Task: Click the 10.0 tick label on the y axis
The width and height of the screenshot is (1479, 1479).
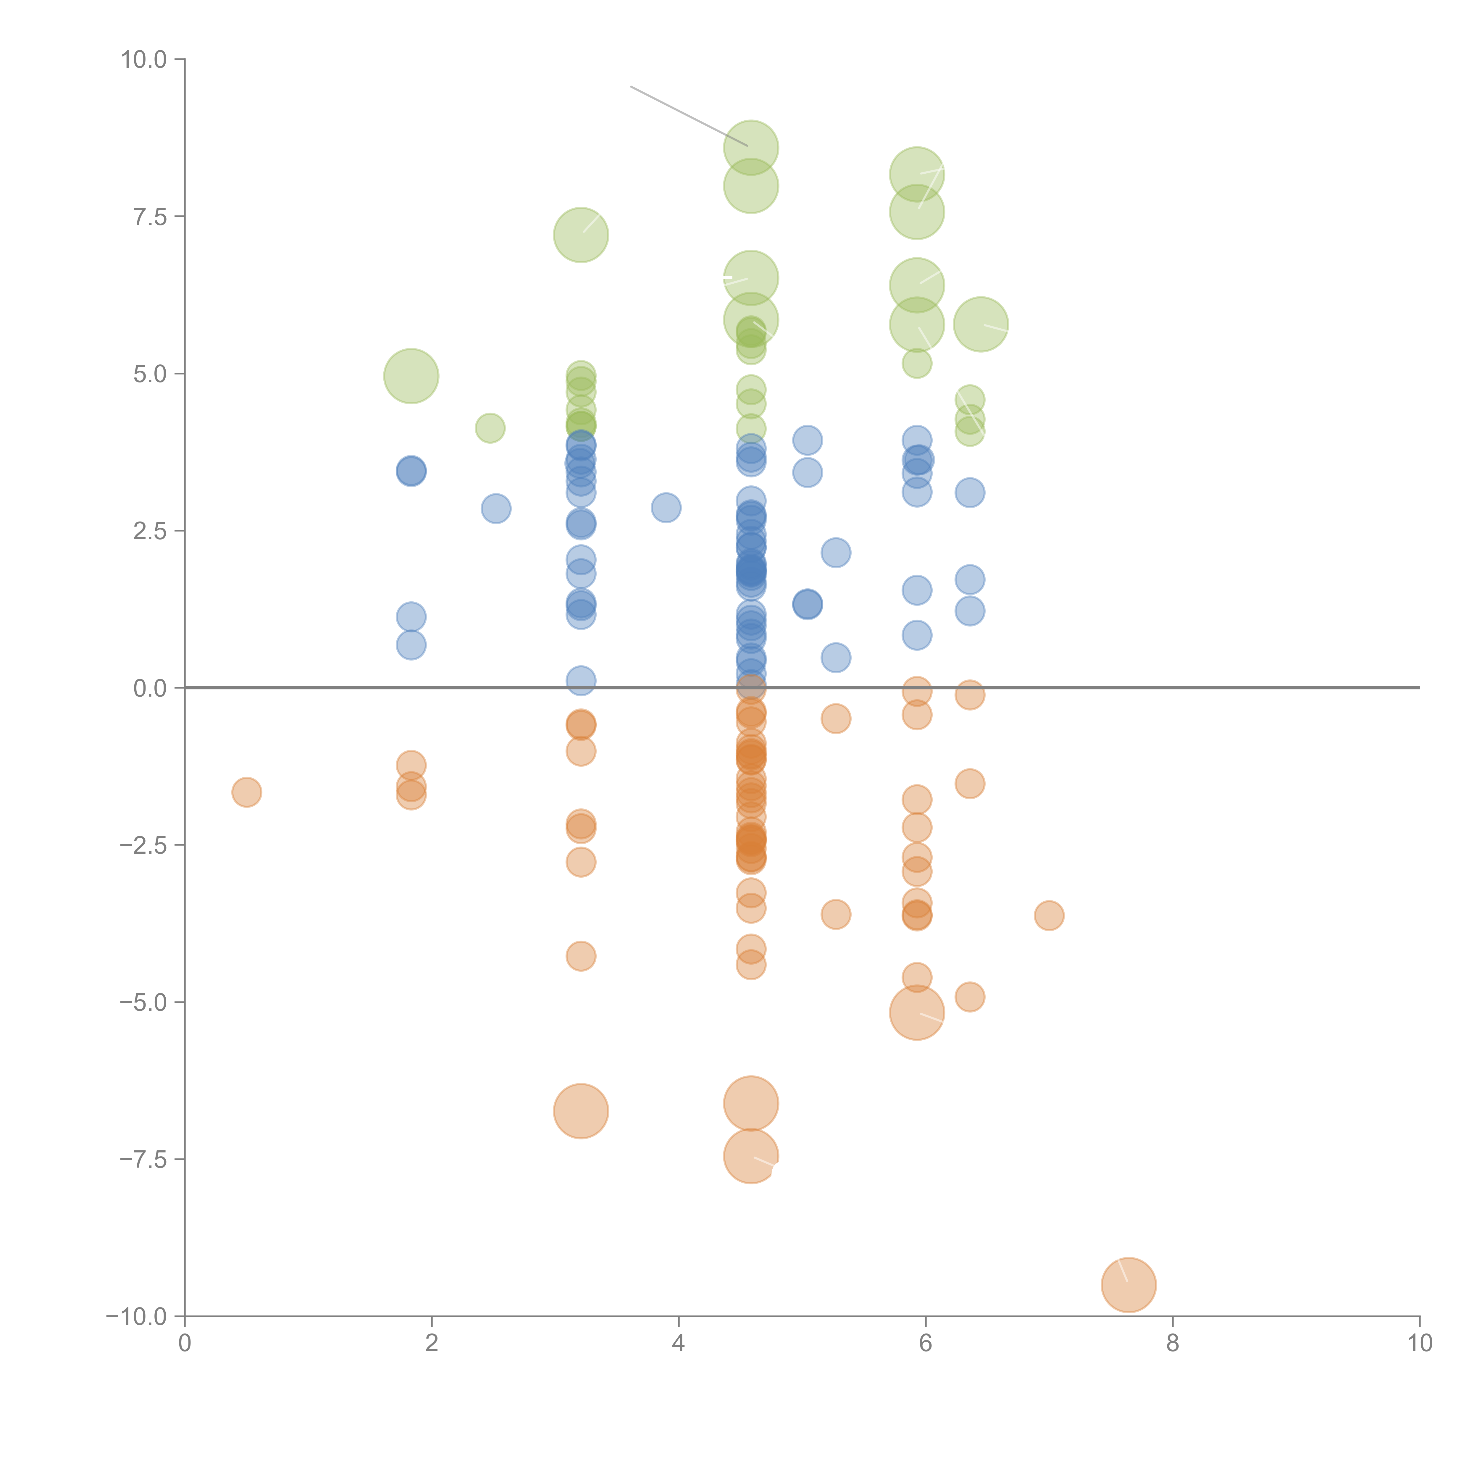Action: point(144,60)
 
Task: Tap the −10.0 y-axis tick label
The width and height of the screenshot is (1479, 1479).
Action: point(136,1317)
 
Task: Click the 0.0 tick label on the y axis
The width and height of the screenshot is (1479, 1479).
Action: point(150,688)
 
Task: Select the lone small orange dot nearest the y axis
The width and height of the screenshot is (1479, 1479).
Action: point(246,792)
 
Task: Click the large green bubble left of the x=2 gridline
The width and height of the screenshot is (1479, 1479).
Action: point(411,376)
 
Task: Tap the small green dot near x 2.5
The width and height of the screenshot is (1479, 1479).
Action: point(490,428)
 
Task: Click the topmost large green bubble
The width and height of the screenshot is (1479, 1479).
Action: point(751,148)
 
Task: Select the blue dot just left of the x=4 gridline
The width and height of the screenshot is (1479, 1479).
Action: point(666,508)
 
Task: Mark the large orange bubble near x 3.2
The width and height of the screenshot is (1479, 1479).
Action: point(581,1111)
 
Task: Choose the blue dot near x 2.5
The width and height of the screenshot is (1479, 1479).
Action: point(496,508)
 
